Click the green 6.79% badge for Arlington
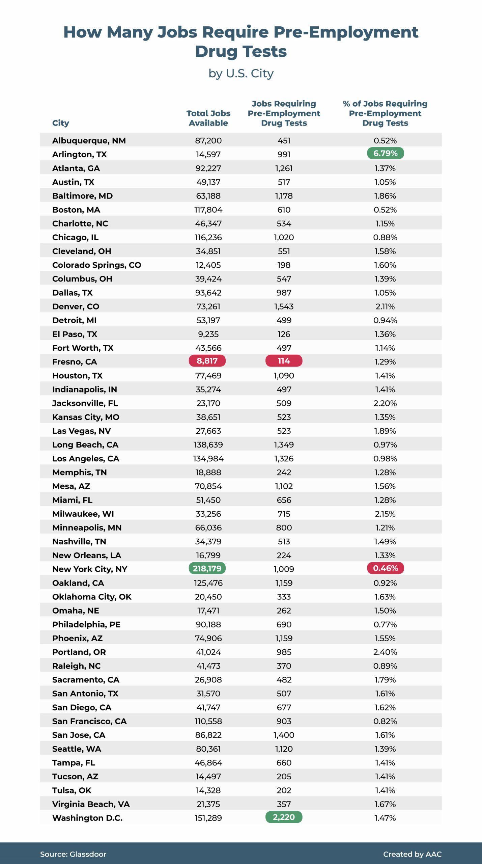coord(385,153)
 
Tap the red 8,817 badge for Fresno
coord(207,361)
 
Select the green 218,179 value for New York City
coord(207,568)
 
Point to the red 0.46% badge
coord(385,568)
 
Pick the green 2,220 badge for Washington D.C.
coord(284,817)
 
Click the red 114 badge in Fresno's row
coord(284,361)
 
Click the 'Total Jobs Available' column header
coord(208,118)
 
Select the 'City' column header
coord(61,123)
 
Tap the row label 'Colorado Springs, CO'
coord(96,265)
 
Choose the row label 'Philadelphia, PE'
coord(86,624)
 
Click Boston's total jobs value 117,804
coord(208,210)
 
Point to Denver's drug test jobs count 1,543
coord(284,306)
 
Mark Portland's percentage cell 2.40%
coord(385,652)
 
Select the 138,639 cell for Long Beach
coord(208,444)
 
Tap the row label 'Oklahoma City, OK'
coord(92,597)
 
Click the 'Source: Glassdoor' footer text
coord(73,854)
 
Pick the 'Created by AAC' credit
coord(412,854)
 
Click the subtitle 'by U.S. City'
coord(241,73)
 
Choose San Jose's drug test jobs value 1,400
coord(284,735)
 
